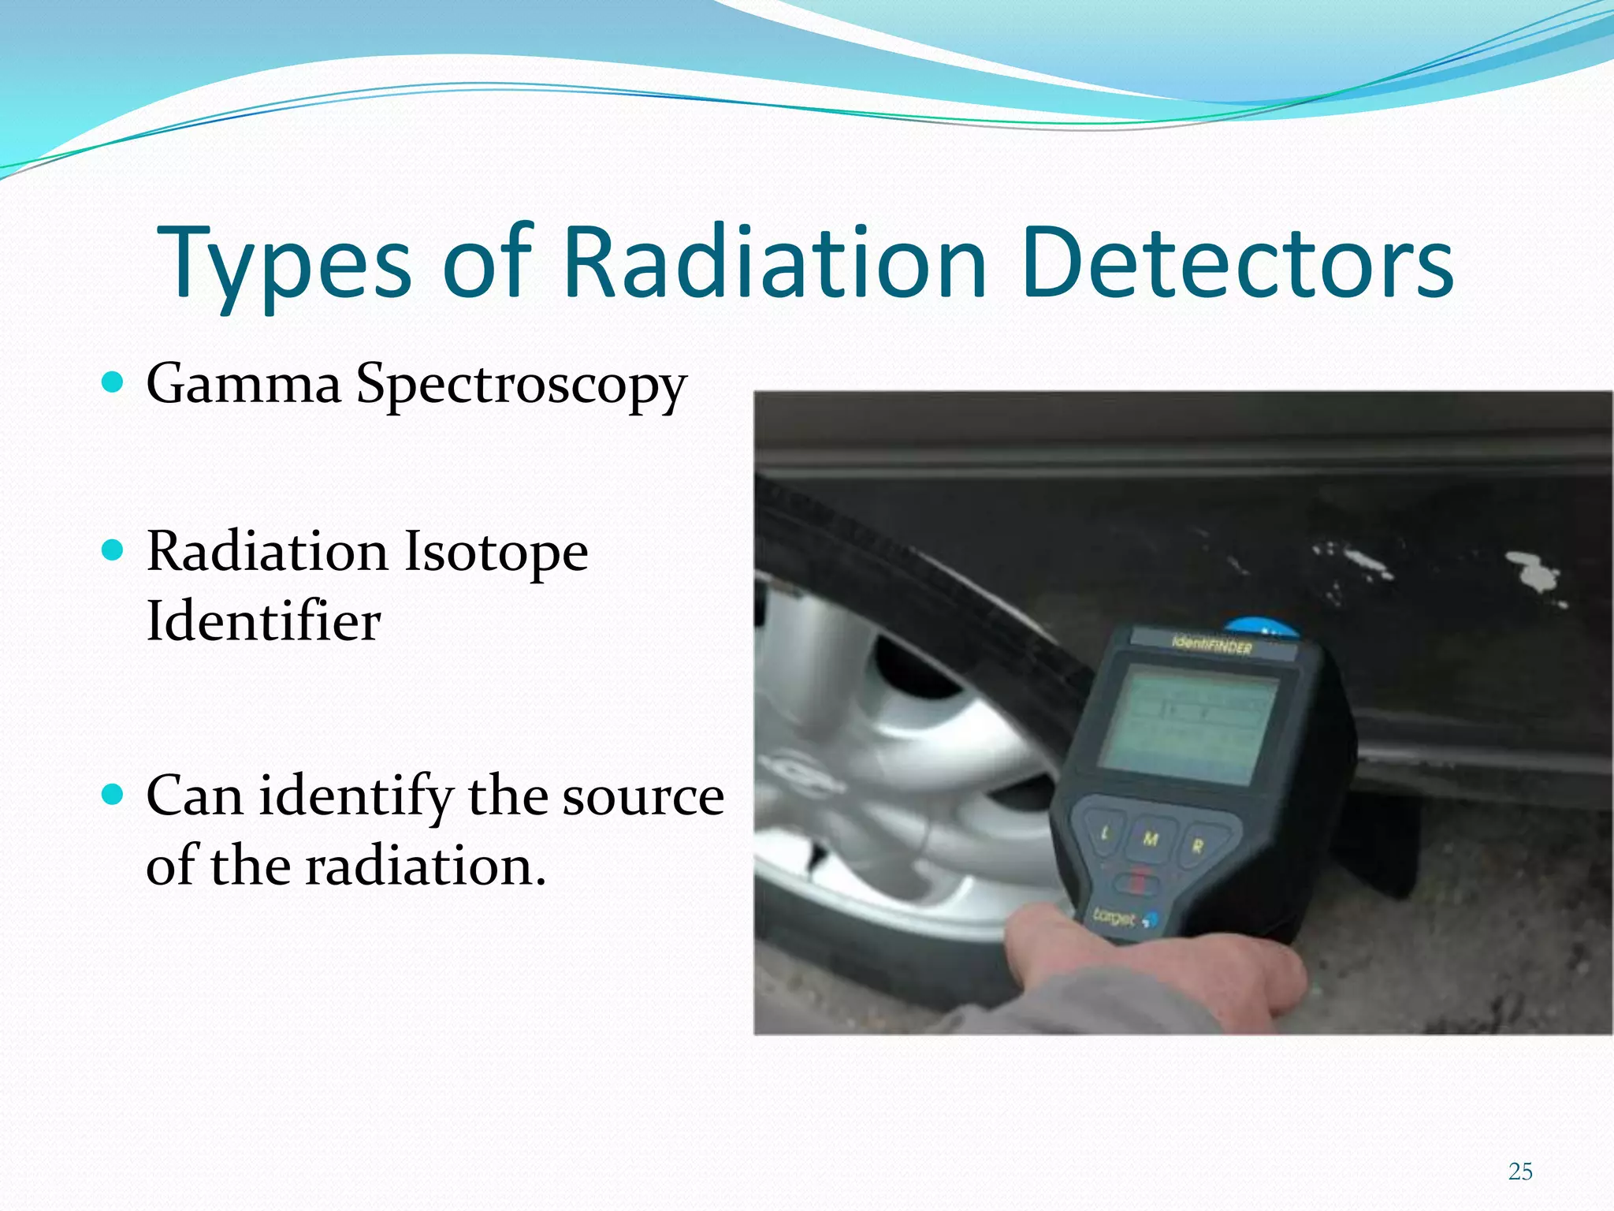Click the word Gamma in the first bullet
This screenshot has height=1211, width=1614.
point(244,384)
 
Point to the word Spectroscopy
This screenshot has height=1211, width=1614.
point(521,386)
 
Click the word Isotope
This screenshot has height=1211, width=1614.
point(496,551)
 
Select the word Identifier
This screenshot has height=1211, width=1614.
point(263,621)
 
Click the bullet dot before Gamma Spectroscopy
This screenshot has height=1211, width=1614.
point(113,383)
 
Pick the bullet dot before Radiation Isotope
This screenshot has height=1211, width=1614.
point(113,550)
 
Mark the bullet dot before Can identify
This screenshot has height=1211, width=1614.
point(113,795)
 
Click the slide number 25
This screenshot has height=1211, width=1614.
point(1520,1172)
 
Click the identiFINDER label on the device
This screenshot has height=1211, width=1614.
point(1212,646)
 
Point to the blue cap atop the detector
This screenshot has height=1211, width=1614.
point(1261,627)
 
